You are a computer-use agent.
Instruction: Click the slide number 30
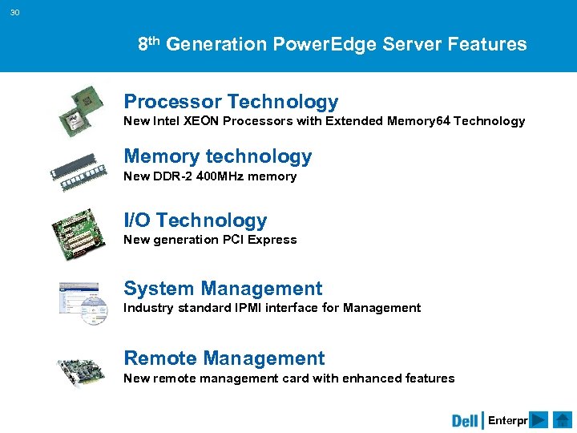(16, 12)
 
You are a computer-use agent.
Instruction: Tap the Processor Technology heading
(231, 102)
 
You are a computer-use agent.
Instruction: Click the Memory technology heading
(217, 156)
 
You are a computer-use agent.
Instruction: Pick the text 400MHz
(220, 176)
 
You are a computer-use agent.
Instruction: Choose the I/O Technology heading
(195, 221)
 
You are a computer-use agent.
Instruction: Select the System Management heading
(223, 289)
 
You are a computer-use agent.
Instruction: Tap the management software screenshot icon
(83, 302)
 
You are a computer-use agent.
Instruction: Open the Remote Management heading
(224, 358)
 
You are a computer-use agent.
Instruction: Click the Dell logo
(465, 420)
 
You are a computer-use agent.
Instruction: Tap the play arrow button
(539, 420)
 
